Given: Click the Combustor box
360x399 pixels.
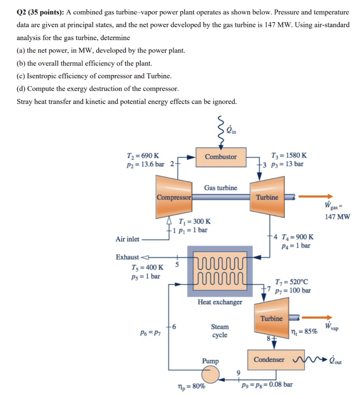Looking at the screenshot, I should pyautogui.click(x=221, y=157).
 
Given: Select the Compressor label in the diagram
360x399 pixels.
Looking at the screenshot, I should pyautogui.click(x=174, y=197).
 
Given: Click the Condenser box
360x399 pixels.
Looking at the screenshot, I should pyautogui.click(x=269, y=360).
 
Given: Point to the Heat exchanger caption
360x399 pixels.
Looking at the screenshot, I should pyautogui.click(x=220, y=302).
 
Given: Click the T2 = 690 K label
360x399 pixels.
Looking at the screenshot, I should pyautogui.click(x=143, y=155).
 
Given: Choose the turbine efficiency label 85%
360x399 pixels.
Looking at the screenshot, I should pyautogui.click(x=304, y=332).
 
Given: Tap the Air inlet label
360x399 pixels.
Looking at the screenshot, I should pyautogui.click(x=128, y=239).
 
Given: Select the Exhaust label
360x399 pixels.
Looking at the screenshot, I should pyautogui.click(x=127, y=257).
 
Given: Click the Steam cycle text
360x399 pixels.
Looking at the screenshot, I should pyautogui.click(x=220, y=331).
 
